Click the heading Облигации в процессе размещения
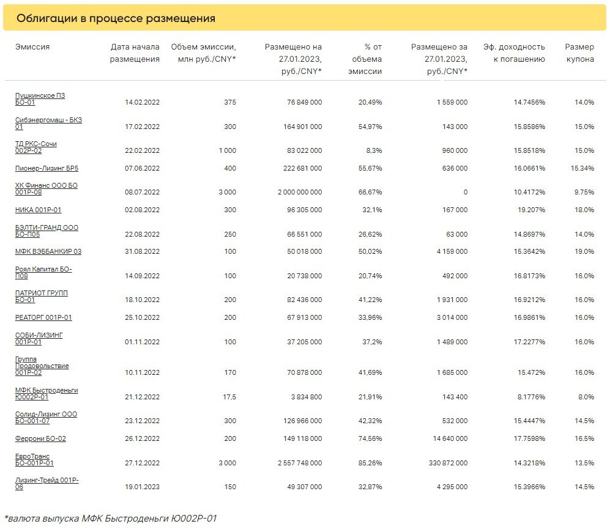coord(116,18)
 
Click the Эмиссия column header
coord(32,46)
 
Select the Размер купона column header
coord(579,53)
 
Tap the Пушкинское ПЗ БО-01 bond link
coord(40,99)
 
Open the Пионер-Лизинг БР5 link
coord(46,168)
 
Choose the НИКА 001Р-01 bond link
coord(38,210)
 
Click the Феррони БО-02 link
coord(40,438)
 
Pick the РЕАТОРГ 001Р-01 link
coord(43,318)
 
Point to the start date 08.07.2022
coord(142,192)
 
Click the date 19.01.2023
coord(142,487)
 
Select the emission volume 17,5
coord(229,397)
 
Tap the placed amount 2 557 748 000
coord(300,463)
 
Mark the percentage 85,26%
coord(370,463)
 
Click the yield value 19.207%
coord(531,210)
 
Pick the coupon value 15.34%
coord(582,168)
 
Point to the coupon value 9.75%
coord(584,192)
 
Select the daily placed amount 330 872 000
coord(448,463)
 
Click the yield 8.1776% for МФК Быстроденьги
coord(531,397)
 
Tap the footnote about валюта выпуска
coord(110,519)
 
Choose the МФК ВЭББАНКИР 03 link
coord(48,251)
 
